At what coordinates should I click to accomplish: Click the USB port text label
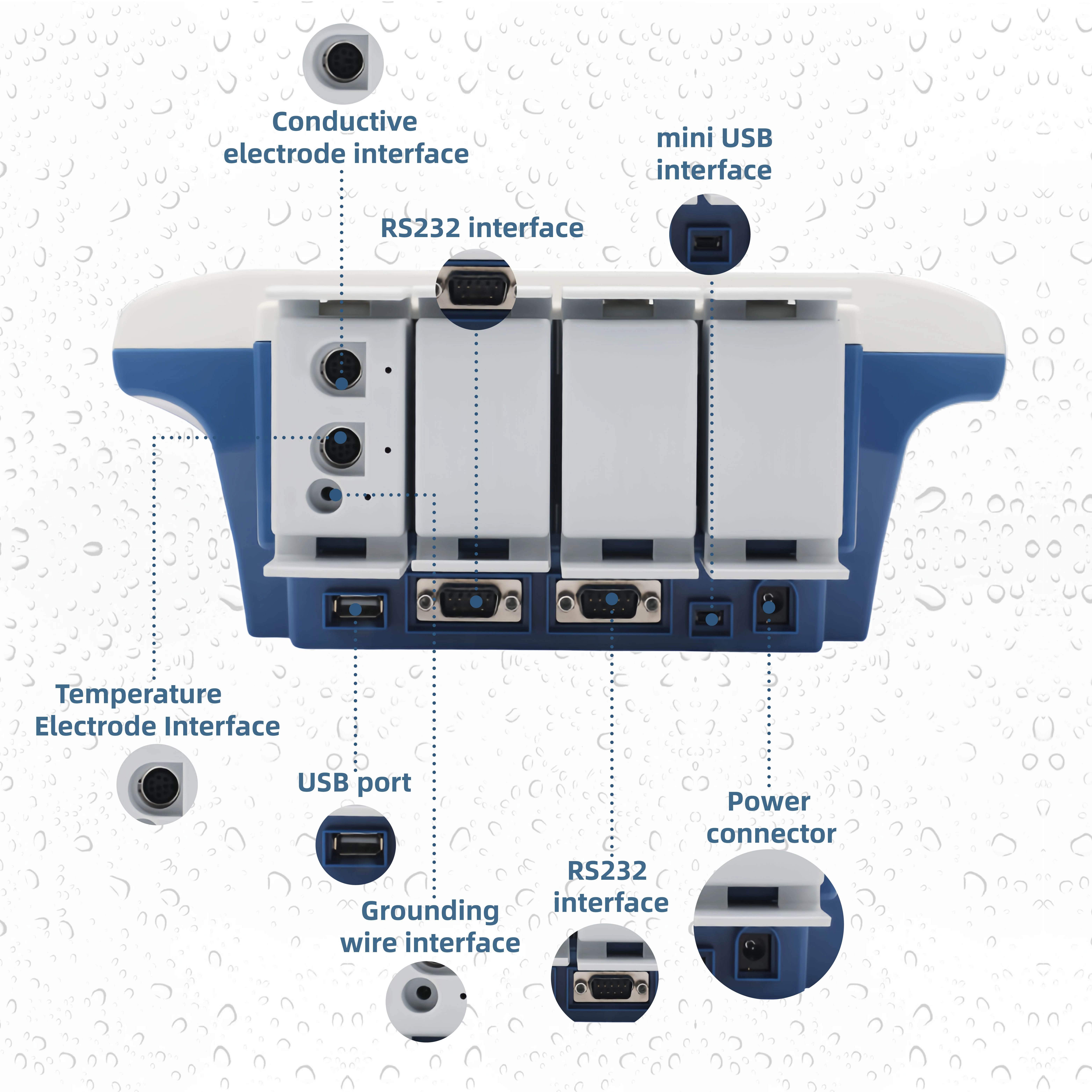354,783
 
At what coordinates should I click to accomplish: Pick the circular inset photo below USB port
355,845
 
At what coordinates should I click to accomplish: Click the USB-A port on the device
355,609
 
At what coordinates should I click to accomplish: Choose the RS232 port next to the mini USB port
609,601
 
